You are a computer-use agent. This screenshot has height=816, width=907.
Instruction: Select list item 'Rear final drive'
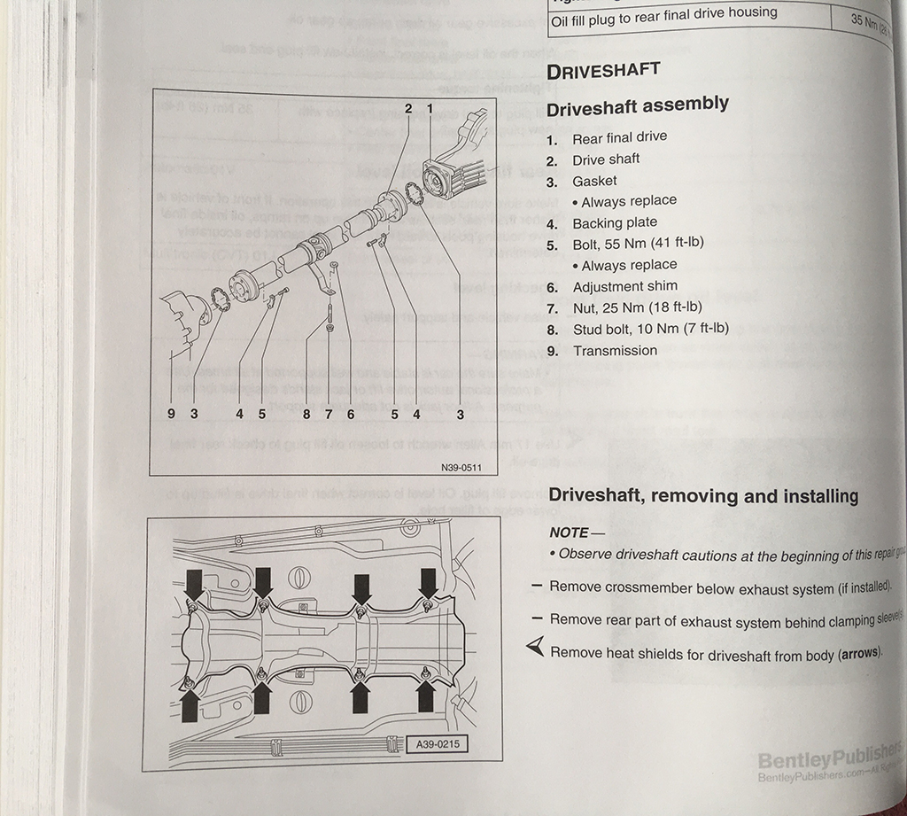tap(619, 137)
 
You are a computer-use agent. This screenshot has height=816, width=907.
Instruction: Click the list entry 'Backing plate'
tap(615, 222)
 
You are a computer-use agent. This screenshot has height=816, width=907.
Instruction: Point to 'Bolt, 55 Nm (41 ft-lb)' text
tap(638, 243)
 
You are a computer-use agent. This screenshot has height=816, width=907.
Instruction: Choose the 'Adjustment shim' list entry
tap(624, 286)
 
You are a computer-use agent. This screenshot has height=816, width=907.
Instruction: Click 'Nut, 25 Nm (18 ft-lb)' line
tap(637, 307)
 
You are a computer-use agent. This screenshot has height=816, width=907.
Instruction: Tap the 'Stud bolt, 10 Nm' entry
tap(650, 329)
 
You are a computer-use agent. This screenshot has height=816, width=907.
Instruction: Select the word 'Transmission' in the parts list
tap(615, 350)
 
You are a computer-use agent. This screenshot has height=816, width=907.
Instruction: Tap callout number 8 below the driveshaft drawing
tap(306, 413)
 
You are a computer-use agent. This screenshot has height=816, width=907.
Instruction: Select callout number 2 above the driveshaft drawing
tap(408, 107)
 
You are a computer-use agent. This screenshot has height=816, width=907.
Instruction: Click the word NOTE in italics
tap(569, 532)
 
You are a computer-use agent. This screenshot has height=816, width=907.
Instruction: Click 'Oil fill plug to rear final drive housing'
tap(663, 15)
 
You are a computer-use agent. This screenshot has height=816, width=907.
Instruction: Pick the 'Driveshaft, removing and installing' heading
tap(703, 496)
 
